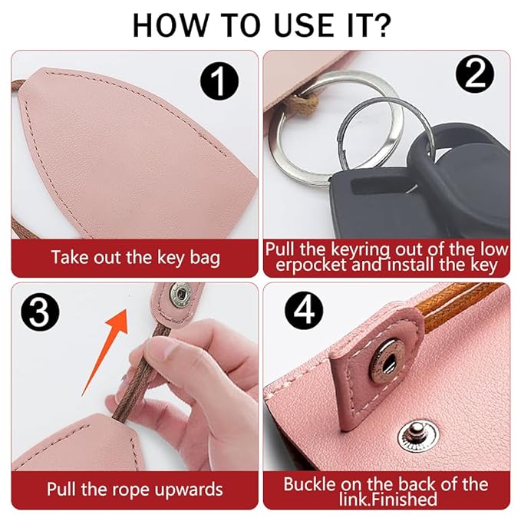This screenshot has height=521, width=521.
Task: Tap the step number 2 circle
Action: (x=474, y=76)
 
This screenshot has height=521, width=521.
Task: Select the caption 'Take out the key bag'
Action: (x=135, y=257)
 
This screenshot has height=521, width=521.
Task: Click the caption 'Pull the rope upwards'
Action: (x=135, y=489)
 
